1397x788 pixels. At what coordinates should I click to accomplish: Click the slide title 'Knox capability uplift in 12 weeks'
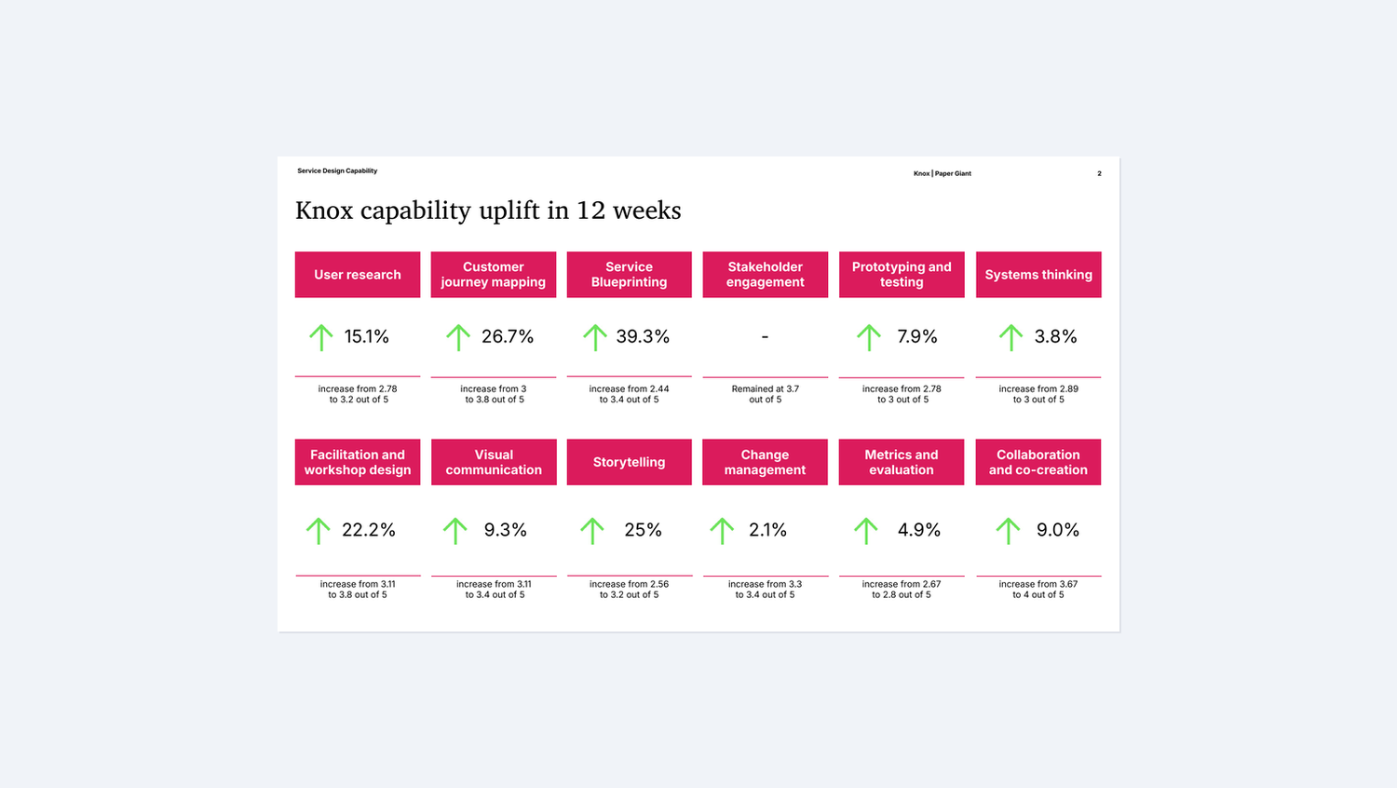[488, 211]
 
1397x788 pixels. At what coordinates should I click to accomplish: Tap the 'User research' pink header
[358, 275]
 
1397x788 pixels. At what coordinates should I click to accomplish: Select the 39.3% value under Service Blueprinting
[643, 336]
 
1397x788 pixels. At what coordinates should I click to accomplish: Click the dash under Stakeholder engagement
[765, 337]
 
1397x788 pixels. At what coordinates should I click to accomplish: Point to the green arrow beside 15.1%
[321, 337]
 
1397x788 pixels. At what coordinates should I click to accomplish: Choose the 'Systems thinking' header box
[1038, 275]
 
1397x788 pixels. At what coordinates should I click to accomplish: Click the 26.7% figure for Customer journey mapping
[508, 336]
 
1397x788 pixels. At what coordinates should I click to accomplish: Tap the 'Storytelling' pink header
[629, 462]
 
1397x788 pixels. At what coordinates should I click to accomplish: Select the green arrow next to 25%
[592, 531]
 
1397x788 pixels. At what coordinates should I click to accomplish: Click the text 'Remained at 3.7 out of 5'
[765, 394]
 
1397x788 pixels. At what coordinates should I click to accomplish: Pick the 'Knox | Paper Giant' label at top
[942, 173]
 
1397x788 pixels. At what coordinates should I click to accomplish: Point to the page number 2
[1099, 173]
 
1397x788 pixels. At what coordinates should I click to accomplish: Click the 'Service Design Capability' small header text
[337, 171]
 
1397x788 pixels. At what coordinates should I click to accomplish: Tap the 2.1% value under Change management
[767, 530]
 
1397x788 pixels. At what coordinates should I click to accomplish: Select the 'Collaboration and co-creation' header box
[1038, 462]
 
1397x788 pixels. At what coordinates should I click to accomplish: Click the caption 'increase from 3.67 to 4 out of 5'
[1038, 590]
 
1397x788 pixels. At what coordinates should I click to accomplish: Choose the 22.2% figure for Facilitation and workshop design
[369, 530]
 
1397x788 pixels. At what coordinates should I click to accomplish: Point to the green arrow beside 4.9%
[866, 531]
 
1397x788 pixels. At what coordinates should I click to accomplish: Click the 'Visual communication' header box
[494, 462]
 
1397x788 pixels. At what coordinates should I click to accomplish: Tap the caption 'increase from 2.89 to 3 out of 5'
[1038, 394]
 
